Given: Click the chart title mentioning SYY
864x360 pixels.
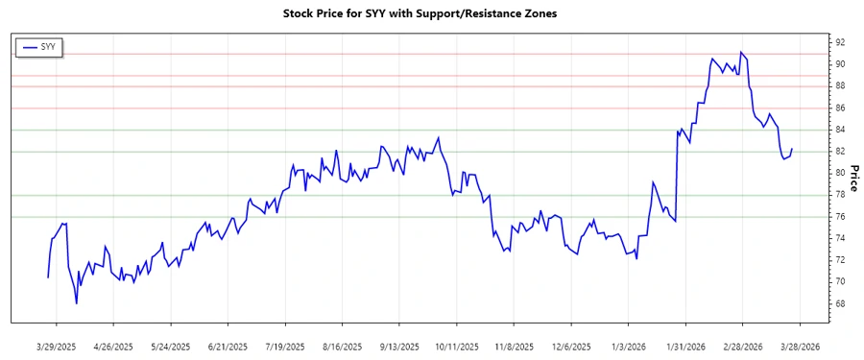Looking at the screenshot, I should click(420, 13).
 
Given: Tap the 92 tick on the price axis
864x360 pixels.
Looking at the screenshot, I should click(839, 43).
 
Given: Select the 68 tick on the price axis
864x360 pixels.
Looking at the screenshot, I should click(839, 304).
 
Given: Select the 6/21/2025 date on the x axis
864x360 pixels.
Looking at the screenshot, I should click(228, 346).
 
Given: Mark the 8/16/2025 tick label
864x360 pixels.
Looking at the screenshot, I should click(342, 346).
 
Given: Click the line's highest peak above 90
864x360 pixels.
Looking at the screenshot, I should click(740, 52).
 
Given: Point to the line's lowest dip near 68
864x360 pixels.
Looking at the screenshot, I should click(77, 303).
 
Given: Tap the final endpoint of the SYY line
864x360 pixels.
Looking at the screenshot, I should click(792, 150).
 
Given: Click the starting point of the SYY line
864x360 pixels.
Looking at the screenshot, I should click(48, 277).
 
